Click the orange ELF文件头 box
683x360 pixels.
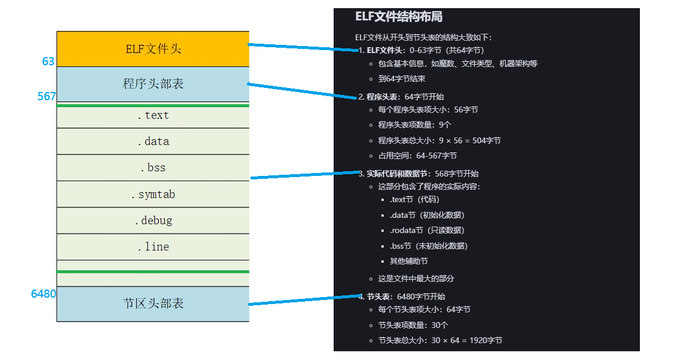coord(153,49)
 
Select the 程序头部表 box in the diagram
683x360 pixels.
coord(153,84)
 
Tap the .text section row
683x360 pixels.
coord(153,115)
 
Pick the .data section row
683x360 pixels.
coord(153,142)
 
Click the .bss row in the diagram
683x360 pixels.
coord(153,168)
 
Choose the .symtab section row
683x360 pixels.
coord(153,195)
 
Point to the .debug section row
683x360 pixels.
coord(153,221)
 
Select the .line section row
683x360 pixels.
coord(153,247)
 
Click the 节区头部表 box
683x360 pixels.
coord(153,303)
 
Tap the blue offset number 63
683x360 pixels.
coord(48,61)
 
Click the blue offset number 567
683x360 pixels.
coord(47,97)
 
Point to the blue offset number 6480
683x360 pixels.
coord(44,294)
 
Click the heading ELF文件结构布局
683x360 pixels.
coord(399,17)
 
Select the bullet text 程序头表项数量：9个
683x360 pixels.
coord(415,125)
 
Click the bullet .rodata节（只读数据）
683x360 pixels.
coord(427,230)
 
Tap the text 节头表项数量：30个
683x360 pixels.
coord(413,325)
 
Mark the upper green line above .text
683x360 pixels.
coord(153,105)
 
